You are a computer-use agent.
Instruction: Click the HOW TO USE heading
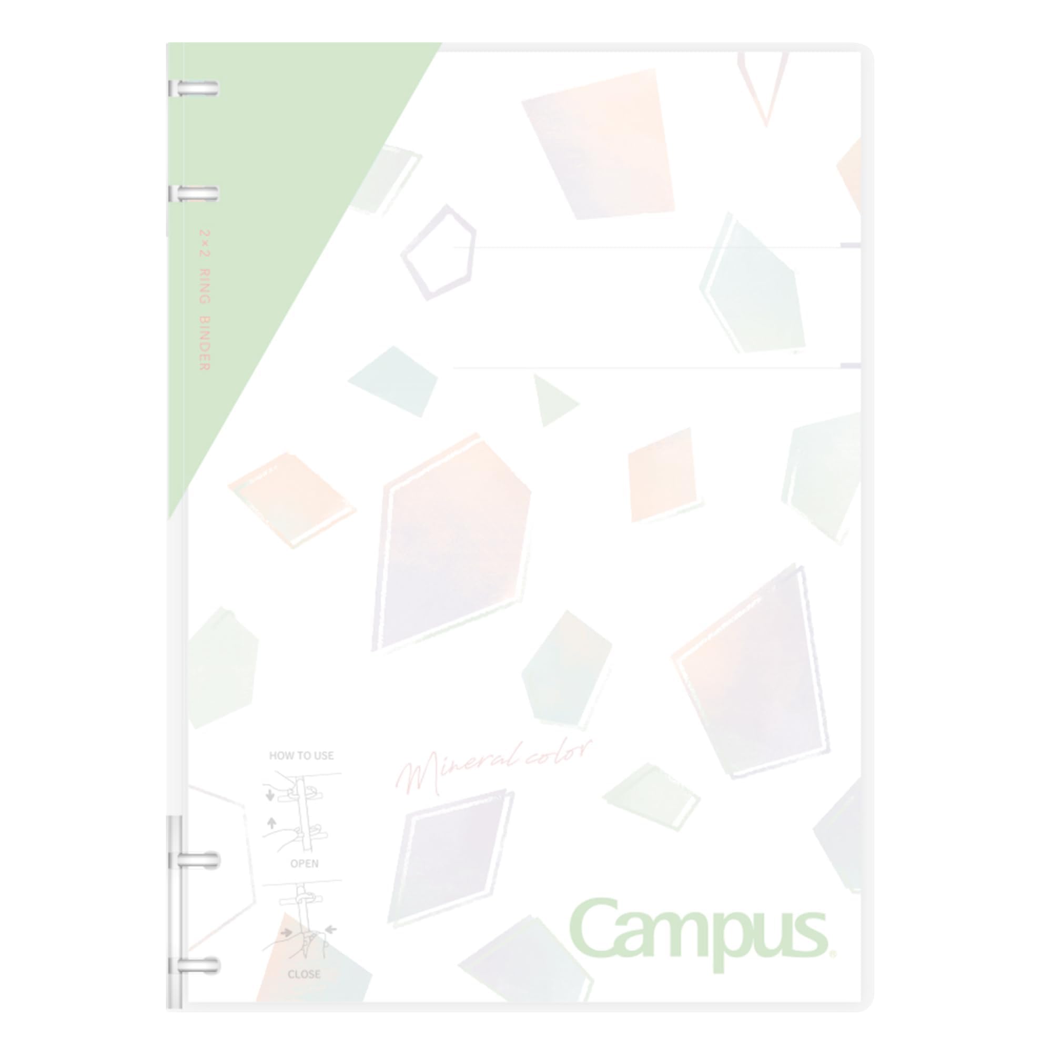pos(301,755)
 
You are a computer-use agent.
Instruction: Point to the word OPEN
pos(305,864)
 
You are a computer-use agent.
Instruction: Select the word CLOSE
pos(304,974)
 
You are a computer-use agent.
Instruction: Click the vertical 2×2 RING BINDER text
pos(205,300)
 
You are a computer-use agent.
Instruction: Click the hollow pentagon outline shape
pos(439,252)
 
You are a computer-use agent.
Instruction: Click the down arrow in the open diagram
pos(270,795)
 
